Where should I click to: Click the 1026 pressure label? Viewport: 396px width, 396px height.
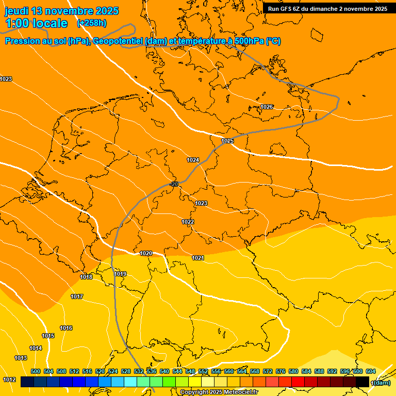267,107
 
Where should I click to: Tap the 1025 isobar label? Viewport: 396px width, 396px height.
227,141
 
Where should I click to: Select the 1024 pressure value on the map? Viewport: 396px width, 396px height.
193,160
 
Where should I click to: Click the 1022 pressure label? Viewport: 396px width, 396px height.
188,222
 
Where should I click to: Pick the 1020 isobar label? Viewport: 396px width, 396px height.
146,253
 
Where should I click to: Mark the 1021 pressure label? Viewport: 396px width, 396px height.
198,258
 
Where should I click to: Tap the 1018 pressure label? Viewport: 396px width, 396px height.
86,277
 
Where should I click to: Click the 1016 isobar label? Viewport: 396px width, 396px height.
66,328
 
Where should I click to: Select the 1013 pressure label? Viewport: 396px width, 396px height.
21,358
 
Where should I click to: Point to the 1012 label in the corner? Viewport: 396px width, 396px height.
9,379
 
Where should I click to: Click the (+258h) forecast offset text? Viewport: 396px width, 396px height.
91,23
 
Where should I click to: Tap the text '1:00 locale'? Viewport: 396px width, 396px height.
36,23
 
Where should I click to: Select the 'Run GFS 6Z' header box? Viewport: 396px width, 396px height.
327,9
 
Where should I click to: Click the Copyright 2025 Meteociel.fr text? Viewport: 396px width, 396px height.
218,392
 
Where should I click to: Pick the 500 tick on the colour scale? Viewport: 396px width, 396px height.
36,371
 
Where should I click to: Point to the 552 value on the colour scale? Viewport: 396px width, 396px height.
203,371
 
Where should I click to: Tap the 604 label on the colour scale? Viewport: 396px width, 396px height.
370,371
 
